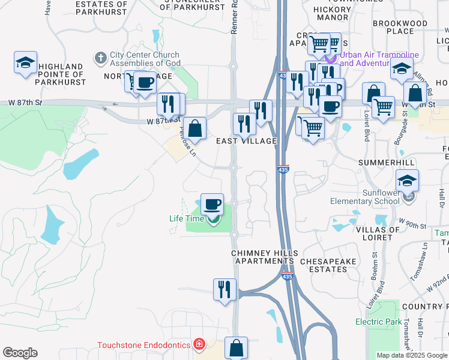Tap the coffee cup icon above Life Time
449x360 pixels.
point(212,205)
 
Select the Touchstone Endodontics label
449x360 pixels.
point(145,345)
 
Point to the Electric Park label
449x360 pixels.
point(378,322)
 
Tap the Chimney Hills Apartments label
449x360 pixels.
point(263,257)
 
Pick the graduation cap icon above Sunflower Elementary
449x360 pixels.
point(407,180)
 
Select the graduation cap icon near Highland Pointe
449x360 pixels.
point(26,63)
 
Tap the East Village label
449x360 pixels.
point(246,141)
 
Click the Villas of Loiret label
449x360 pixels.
point(378,233)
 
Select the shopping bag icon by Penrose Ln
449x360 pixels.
point(194,128)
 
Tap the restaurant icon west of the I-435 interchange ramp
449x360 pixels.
point(224,290)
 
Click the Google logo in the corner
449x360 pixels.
point(20,353)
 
